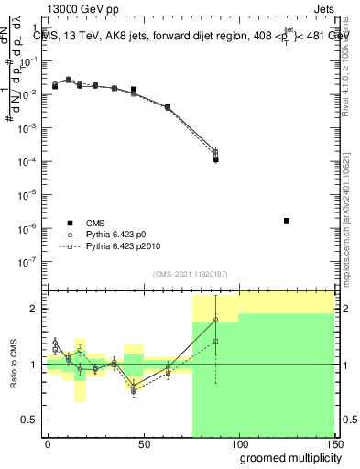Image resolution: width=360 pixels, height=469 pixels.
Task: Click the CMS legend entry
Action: pyautogui.click(x=95, y=223)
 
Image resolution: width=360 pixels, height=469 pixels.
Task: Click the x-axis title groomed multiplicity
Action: pyautogui.click(x=284, y=457)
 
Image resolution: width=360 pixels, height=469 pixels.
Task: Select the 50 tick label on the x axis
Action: pyautogui.click(x=143, y=444)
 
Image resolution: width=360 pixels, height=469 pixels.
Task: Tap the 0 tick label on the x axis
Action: pyautogui.click(x=48, y=444)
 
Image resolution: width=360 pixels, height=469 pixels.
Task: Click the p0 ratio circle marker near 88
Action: pyautogui.click(x=215, y=320)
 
